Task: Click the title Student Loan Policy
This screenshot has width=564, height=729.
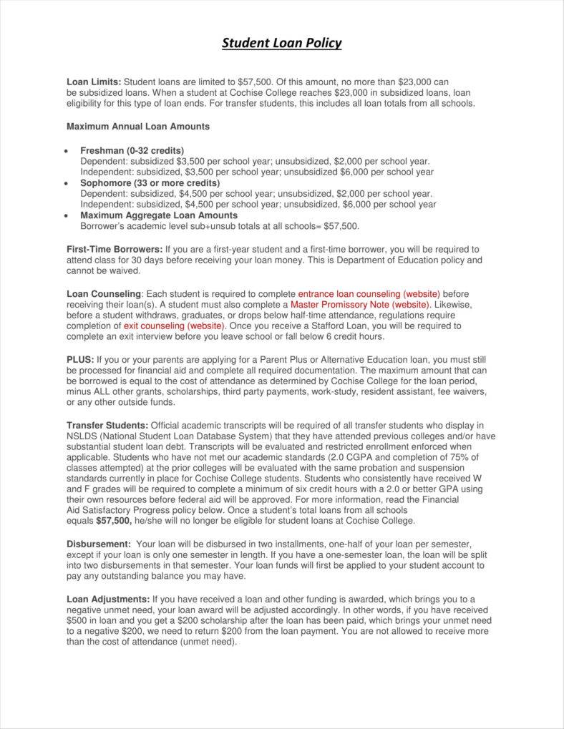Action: click(x=281, y=43)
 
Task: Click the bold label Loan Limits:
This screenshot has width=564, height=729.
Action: click(x=94, y=82)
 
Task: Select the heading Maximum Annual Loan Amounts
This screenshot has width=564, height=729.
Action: click(x=137, y=127)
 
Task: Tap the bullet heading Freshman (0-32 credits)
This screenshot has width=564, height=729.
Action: click(x=132, y=151)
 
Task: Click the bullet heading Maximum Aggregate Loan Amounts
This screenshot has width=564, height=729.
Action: click(x=159, y=215)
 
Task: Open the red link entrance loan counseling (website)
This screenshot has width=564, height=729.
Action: click(x=369, y=293)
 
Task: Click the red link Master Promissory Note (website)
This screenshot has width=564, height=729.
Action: click(x=360, y=304)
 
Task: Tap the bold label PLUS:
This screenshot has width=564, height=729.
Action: click(x=79, y=359)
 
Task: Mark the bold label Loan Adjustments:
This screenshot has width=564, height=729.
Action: click(x=108, y=599)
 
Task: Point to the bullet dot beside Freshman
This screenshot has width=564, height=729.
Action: click(x=67, y=152)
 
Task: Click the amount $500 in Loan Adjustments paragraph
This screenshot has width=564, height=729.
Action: click(x=77, y=620)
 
